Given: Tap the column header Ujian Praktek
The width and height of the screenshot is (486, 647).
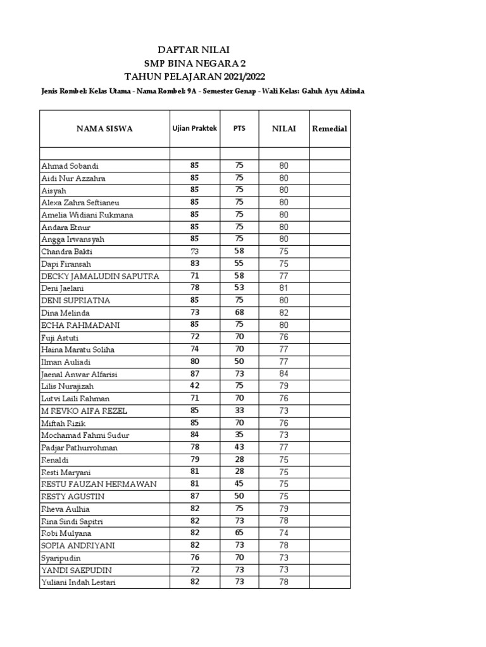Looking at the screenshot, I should tap(194, 128).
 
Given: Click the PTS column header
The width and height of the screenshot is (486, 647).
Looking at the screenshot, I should tap(239, 128).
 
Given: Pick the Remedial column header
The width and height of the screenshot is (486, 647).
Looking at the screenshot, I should tap(330, 128).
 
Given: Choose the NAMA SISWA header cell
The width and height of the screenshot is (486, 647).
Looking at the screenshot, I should tap(104, 128).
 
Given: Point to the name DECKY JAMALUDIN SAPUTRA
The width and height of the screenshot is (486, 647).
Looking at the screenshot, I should tap(100, 276).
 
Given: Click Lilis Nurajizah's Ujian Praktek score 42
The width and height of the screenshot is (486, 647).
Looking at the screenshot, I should tap(194, 386).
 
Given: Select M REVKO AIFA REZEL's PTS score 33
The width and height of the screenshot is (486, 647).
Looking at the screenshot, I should tap(239, 411).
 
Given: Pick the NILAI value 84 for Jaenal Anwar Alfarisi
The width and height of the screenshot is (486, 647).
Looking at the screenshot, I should tap(283, 374).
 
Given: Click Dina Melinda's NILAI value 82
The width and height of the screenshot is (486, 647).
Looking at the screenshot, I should tap(283, 313).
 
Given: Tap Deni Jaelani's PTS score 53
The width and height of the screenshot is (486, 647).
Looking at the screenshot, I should tap(239, 288).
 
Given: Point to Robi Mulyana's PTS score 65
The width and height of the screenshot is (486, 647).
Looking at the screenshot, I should tap(239, 533).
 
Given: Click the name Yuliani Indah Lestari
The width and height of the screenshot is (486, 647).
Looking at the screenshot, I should tap(78, 582).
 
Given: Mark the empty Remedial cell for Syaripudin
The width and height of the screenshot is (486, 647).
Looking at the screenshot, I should tap(330, 558).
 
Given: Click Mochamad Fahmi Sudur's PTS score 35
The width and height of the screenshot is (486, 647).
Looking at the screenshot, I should tap(239, 435).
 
